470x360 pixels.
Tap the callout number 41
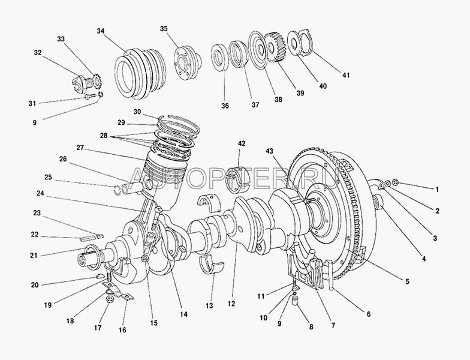tap(345, 75)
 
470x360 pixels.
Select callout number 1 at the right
tap(437, 189)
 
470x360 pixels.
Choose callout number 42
tap(242, 144)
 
